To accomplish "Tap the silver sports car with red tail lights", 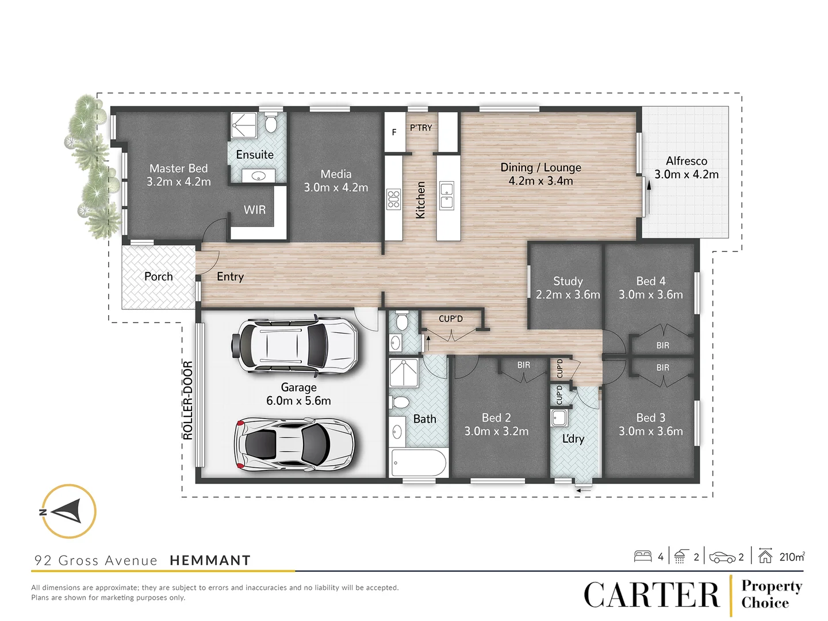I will pos(294,444).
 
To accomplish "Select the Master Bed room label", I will pos(178,175).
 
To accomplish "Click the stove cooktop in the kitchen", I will pos(393,199).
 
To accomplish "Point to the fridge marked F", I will pos(394,132).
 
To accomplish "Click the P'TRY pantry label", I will pos(421,128).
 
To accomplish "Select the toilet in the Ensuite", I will pos(271,123).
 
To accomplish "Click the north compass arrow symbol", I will pos(68,511).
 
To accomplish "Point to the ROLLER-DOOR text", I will pos(188,400).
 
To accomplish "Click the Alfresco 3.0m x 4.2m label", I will pos(686,168).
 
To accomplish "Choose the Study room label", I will pos(568,287).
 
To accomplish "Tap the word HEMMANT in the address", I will pos(210,561).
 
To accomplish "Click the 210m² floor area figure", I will pos(792,557).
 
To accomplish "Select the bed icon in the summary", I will pos(643,556).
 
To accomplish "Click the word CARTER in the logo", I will pos(651,595).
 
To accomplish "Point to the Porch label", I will pos(158,277).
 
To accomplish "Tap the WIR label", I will pos(255,210).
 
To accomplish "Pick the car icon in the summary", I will pos(722,557).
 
